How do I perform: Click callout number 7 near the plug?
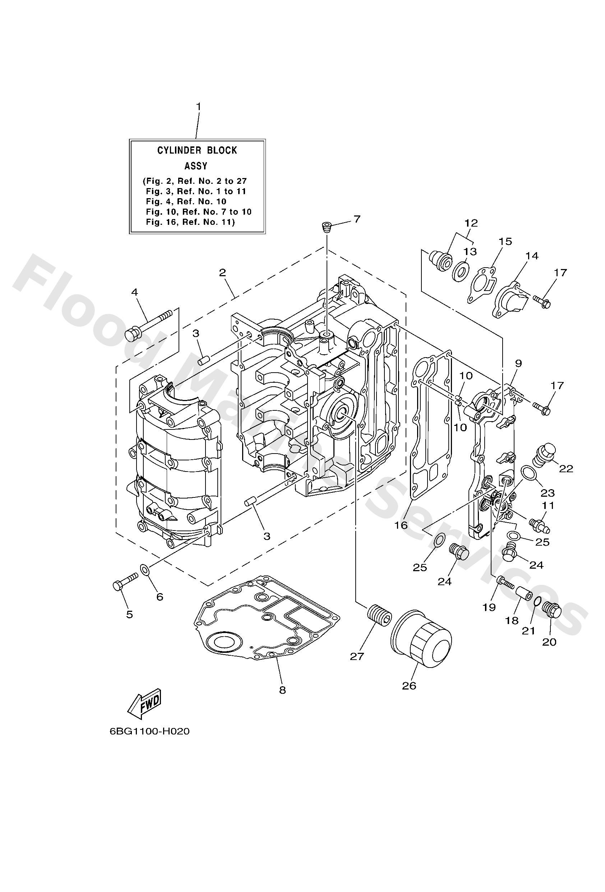pos(356,219)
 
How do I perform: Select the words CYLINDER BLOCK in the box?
pos(197,150)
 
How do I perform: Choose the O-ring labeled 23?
pos(528,473)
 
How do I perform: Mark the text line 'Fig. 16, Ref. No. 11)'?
pos(190,222)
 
